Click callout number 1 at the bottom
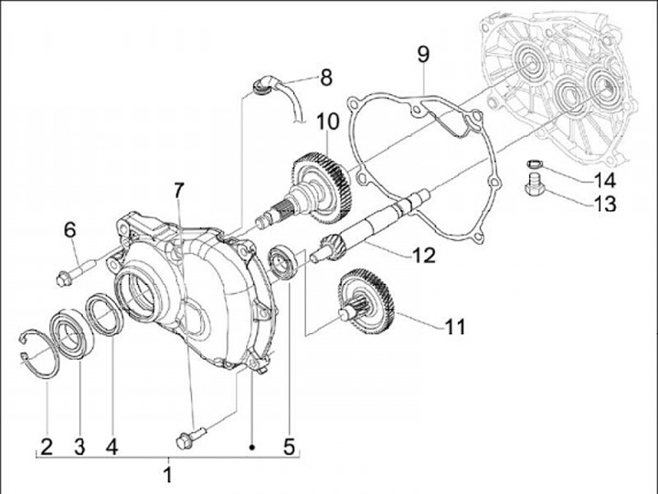tap(167, 475)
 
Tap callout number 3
tap(79, 447)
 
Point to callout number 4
tap(111, 447)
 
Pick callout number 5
tap(289, 447)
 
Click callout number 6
tap(69, 230)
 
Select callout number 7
tap(180, 192)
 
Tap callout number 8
tap(326, 77)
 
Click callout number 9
tap(423, 53)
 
